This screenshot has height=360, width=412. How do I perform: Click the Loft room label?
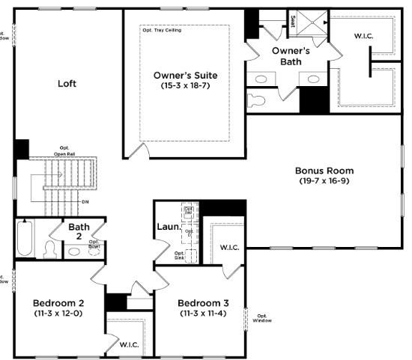(x=67, y=84)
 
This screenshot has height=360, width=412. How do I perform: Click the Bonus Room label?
(x=324, y=170)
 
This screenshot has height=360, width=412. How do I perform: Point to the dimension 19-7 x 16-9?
(x=324, y=181)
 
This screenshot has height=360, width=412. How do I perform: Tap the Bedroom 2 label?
(x=58, y=302)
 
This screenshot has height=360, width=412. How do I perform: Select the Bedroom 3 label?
(x=202, y=302)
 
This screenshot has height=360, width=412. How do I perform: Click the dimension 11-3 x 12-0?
(x=58, y=314)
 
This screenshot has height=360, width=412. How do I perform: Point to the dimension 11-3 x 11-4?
(x=202, y=314)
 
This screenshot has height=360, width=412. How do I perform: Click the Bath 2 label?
(x=79, y=231)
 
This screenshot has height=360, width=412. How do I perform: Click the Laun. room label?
(x=167, y=227)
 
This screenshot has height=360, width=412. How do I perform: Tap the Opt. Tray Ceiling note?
(x=162, y=31)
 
